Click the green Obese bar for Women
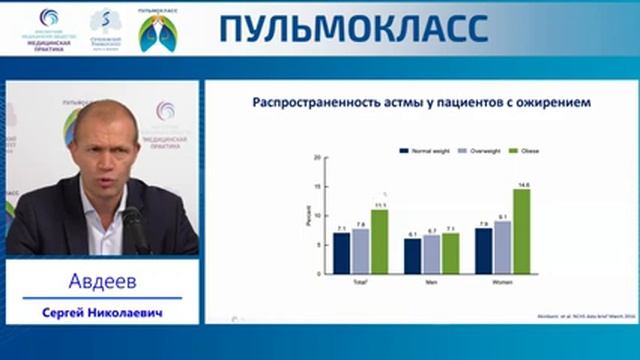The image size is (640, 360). pyautogui.click(x=520, y=232)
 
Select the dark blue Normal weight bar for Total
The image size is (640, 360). pyautogui.click(x=342, y=253)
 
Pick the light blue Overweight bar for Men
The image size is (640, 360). pyautogui.click(x=431, y=255)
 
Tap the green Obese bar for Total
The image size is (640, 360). pyautogui.click(x=378, y=242)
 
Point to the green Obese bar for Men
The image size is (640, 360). pyautogui.click(x=450, y=253)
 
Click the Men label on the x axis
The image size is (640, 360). pyautogui.click(x=432, y=283)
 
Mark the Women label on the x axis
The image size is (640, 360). pyautogui.click(x=502, y=283)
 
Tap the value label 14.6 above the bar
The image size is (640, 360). pyautogui.click(x=522, y=185)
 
